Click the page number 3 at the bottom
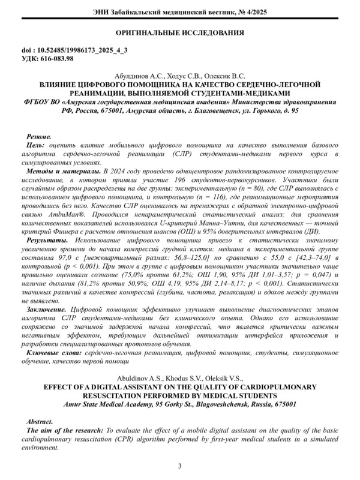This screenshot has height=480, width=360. click(180, 466)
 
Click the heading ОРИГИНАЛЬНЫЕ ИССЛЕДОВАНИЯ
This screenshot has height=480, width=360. click(180, 33)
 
